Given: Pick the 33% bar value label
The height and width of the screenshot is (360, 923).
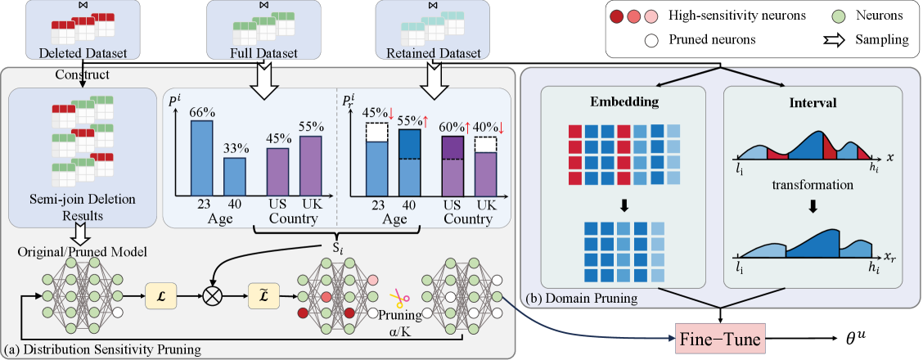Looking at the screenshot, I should click(x=236, y=149).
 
